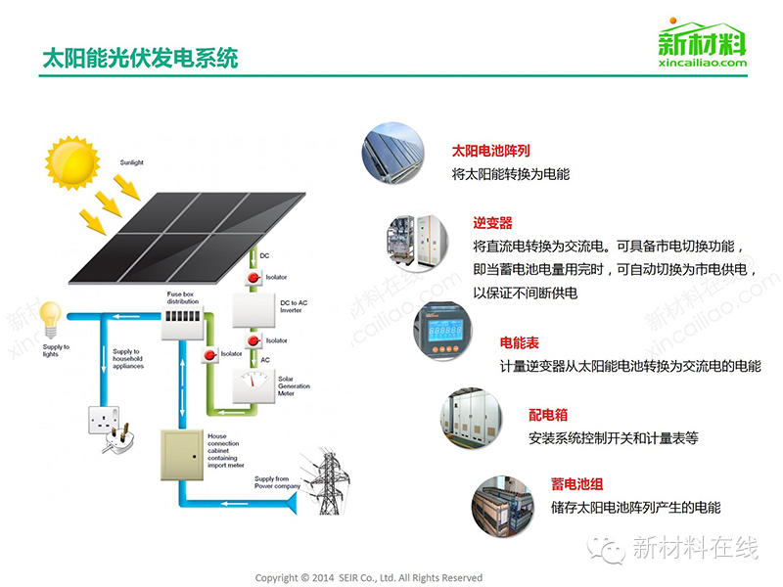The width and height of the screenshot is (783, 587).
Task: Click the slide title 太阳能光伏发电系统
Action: (x=139, y=58)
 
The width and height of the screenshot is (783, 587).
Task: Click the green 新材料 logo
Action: (x=701, y=44)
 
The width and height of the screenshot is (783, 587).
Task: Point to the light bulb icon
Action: (x=49, y=317)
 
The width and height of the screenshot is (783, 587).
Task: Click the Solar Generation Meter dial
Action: (x=253, y=384)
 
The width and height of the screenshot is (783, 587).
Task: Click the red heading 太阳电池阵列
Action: (x=490, y=152)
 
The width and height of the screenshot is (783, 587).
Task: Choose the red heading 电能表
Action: (x=520, y=343)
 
